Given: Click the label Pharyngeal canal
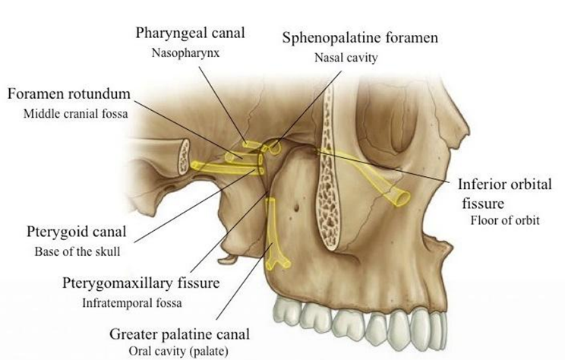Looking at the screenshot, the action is [190, 33].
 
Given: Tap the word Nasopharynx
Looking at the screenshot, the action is [185, 53].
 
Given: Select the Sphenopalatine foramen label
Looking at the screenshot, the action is [360, 37].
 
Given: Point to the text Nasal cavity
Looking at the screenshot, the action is [346, 58].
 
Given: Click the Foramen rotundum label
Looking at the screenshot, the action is [69, 93].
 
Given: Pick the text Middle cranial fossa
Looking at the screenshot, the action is [76, 114].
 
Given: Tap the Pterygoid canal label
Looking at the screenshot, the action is [77, 232].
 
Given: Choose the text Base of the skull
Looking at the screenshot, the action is [77, 251].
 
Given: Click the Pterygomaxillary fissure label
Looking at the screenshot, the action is [141, 283].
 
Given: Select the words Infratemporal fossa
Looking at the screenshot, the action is [132, 303].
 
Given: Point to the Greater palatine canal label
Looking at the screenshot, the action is [179, 334].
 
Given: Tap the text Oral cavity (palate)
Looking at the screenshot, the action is [178, 351].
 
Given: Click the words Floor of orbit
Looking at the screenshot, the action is [505, 220].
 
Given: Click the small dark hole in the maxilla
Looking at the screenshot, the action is [296, 207].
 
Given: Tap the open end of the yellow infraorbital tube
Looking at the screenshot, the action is [402, 197].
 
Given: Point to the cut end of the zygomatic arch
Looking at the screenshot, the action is [184, 157].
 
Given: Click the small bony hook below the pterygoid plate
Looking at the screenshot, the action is [228, 258].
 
